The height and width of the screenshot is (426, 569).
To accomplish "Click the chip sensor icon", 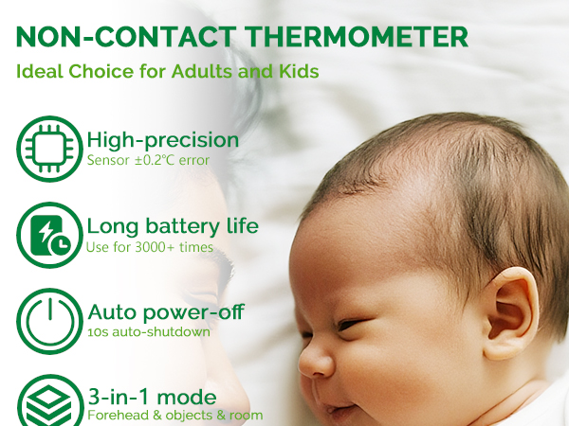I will point(49,147).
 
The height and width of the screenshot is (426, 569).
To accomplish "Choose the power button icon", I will point(49,320).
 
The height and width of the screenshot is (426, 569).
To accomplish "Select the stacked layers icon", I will point(49,402).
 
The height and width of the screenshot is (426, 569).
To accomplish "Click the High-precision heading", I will point(163,140).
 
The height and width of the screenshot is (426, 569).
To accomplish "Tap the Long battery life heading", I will point(173,226).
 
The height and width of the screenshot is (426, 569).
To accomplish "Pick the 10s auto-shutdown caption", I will point(148,331).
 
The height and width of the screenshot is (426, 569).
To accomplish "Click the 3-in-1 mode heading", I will point(152,396).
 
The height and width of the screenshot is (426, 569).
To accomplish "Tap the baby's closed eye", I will point(351,325).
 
